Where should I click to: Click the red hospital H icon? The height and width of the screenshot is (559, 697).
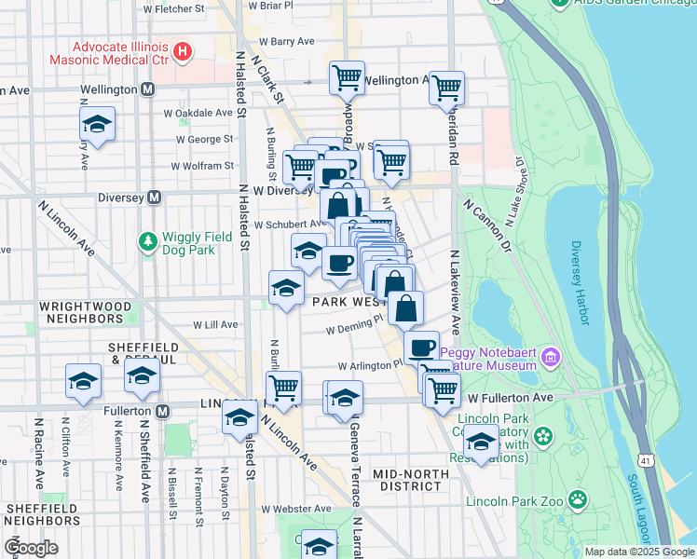pos(184,50)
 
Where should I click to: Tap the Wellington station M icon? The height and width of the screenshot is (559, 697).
pos(148,90)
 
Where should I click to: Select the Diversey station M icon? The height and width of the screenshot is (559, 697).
pos(155,198)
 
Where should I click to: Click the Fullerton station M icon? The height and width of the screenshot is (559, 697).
pos(163,411)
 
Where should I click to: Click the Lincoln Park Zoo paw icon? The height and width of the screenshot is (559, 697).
pos(579,500)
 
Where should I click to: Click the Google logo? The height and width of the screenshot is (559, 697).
pos(32,548)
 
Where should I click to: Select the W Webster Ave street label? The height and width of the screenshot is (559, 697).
pos(296,509)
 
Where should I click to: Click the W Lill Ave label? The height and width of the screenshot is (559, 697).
pos(216,325)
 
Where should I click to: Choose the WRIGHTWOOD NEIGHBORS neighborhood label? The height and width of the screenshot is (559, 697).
pos(80,312)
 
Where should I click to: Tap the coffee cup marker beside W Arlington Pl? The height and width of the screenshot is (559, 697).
pos(421,348)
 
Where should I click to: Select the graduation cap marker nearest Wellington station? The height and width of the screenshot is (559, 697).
pos(96,125)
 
